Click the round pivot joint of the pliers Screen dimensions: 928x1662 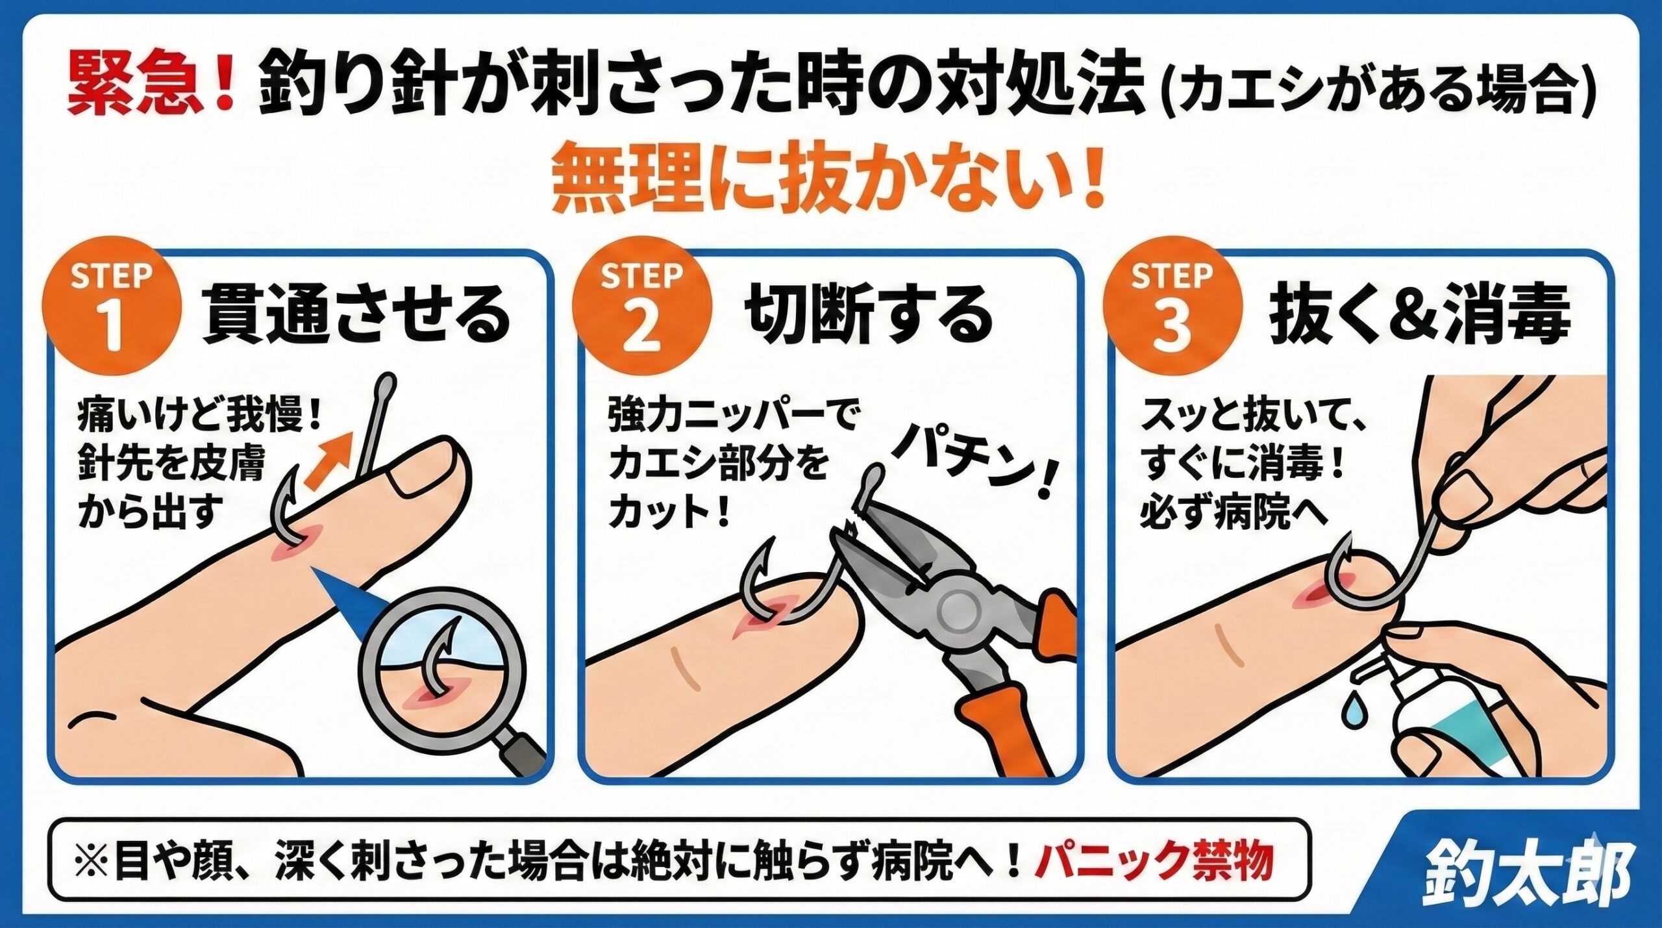click(x=957, y=610)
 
